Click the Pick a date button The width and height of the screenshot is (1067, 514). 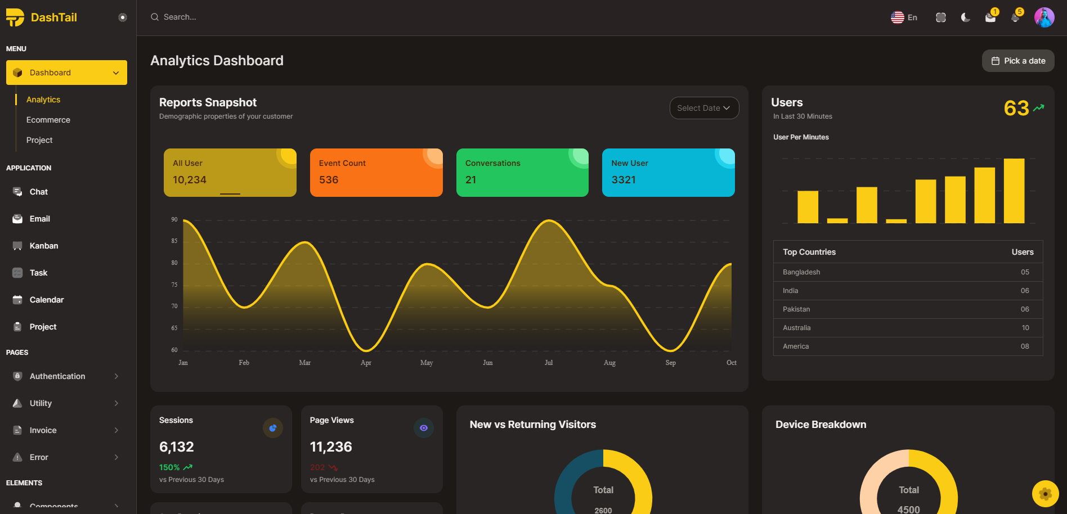point(1018,61)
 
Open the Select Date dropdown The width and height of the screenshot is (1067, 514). point(704,108)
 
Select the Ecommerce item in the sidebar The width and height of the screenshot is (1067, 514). point(48,120)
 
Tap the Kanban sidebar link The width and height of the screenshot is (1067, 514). point(43,246)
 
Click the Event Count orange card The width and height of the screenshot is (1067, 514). point(376,173)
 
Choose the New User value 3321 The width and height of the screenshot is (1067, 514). point(624,180)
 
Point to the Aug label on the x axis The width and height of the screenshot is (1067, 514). point(609,363)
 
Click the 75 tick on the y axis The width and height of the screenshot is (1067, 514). point(174,285)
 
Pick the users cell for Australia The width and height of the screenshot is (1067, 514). point(1025,328)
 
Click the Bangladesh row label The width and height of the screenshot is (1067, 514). point(801,272)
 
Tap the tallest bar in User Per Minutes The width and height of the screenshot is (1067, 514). point(1014,191)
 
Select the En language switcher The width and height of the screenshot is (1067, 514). point(904,17)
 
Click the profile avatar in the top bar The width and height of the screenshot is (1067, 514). point(1044,17)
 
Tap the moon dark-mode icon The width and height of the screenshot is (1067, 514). point(966,17)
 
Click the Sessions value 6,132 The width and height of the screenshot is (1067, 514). point(177,447)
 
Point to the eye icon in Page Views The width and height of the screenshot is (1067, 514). point(424,428)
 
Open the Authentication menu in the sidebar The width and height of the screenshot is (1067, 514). point(57,376)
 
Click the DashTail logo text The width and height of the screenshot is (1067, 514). point(53,17)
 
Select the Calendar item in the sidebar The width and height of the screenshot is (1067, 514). point(46,300)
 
